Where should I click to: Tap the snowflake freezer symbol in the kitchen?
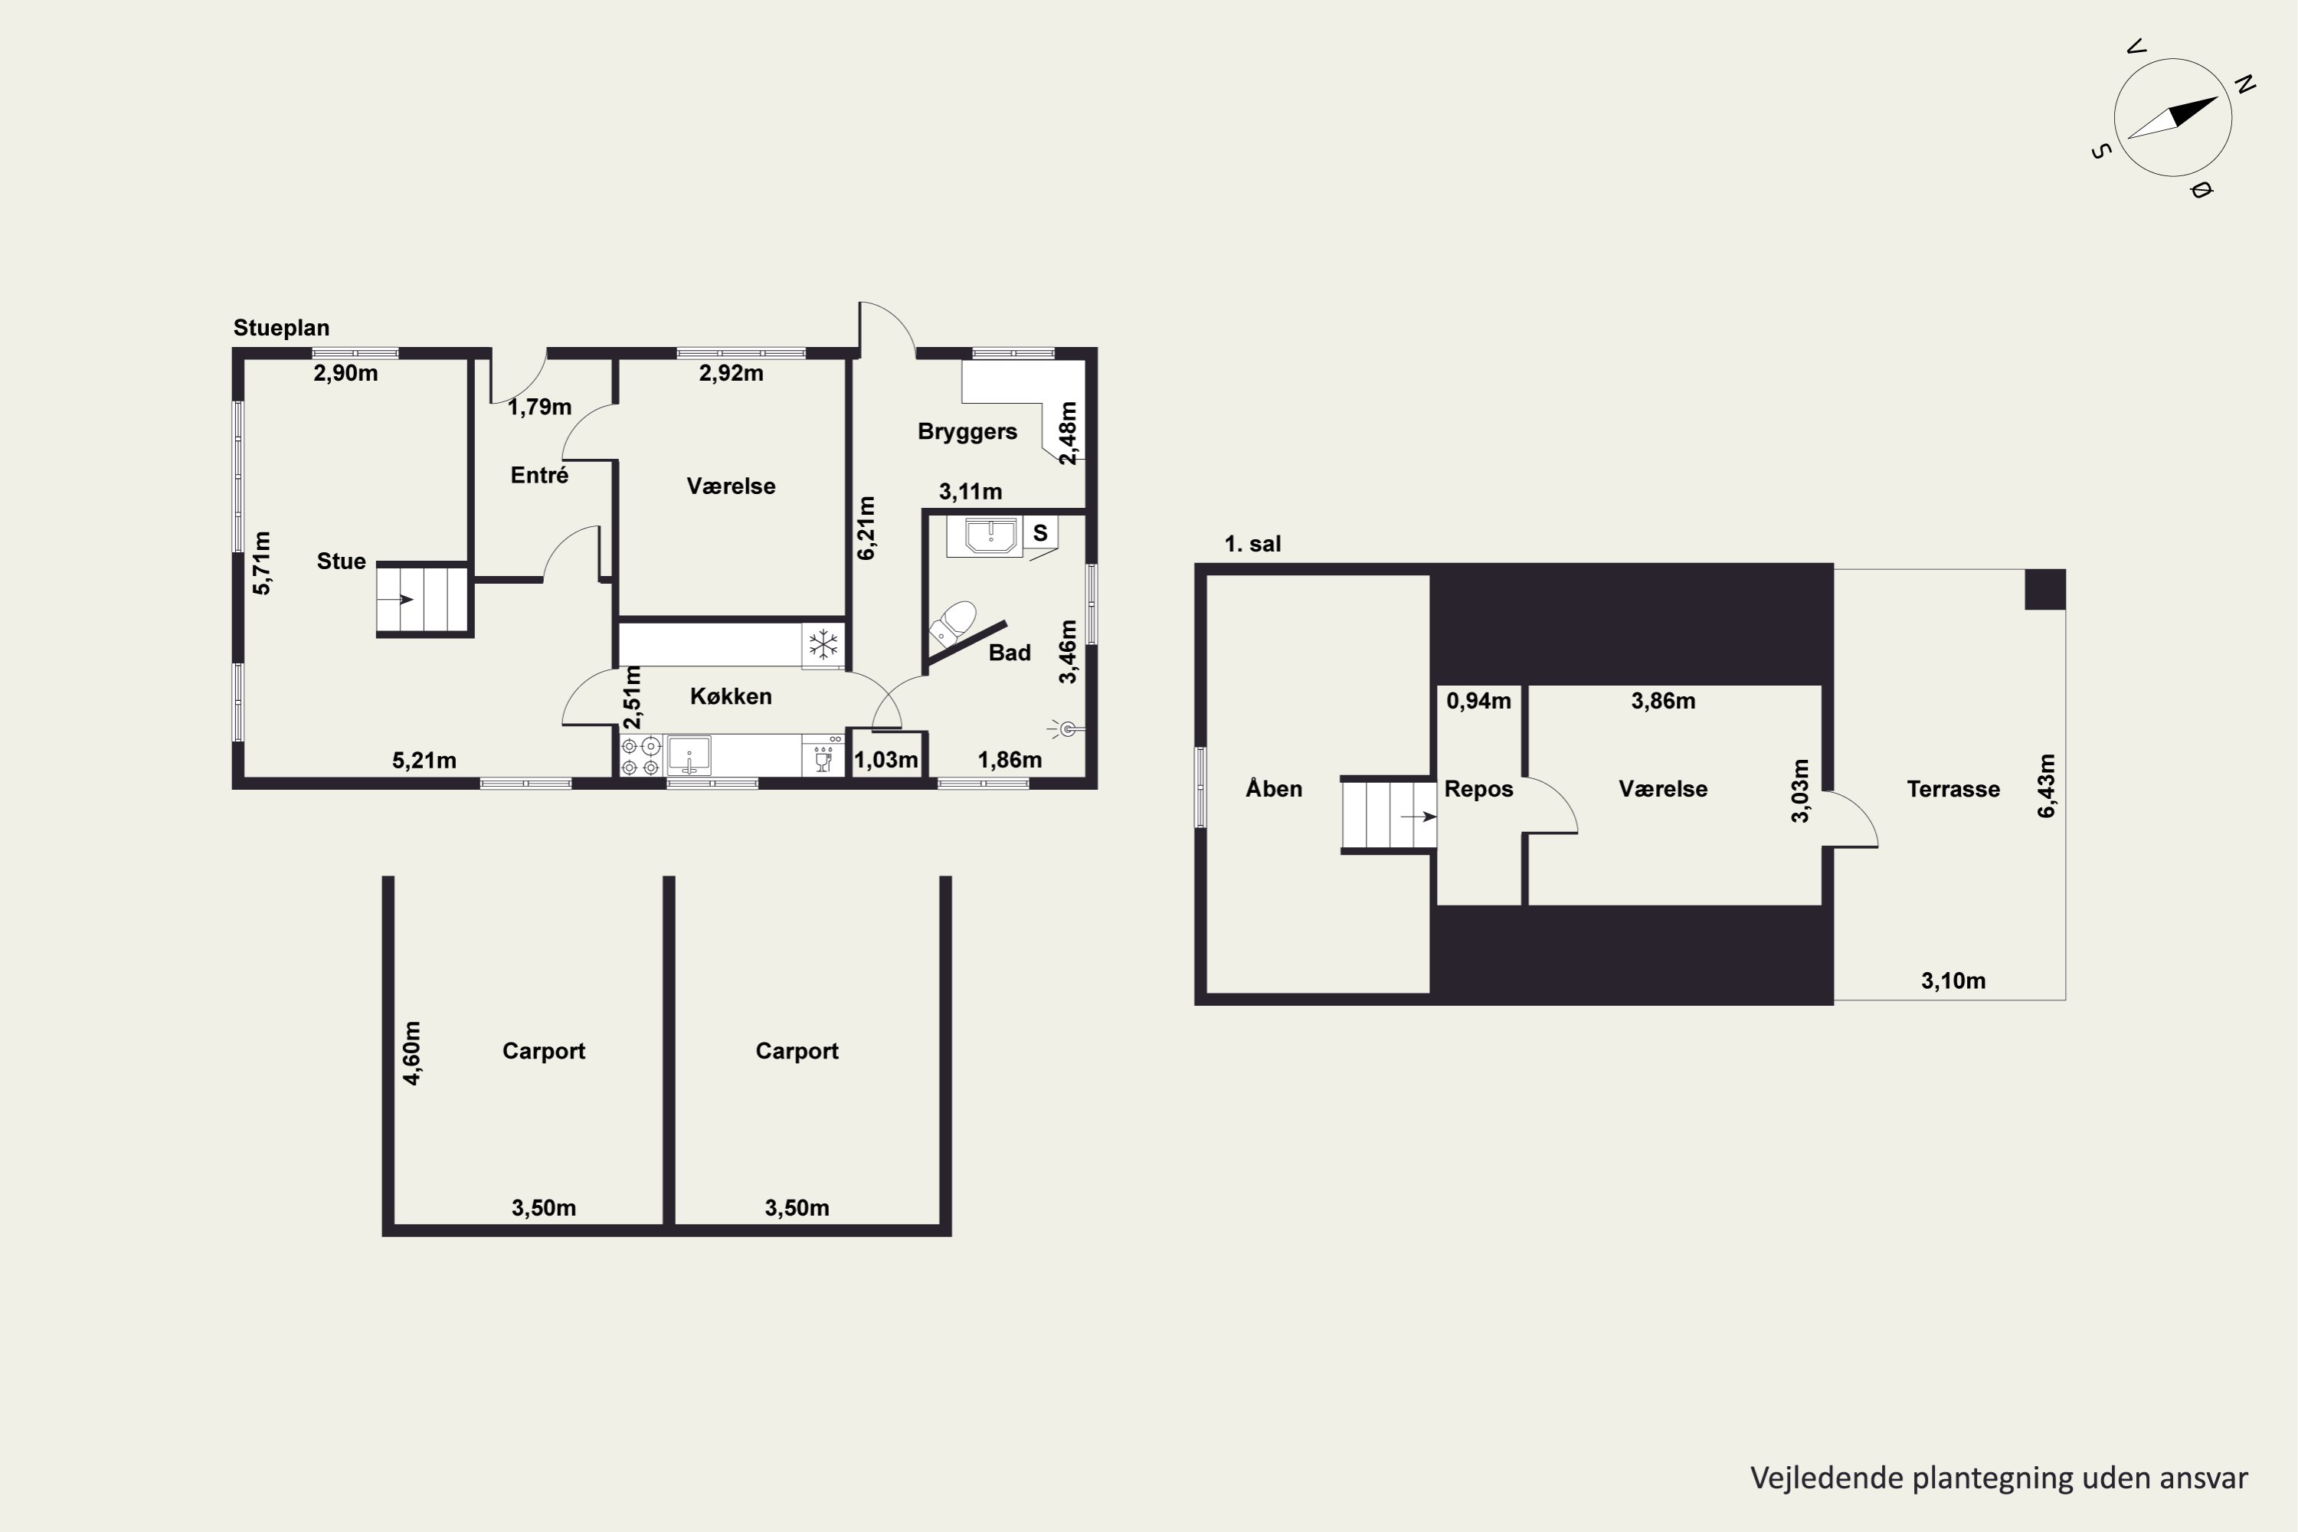point(823,645)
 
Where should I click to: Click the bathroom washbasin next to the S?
point(993,535)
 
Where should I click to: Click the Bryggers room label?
point(967,430)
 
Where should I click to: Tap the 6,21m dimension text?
point(866,529)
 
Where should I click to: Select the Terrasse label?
point(1953,790)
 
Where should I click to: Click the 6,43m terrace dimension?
point(2047,786)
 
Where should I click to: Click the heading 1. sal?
point(1252,544)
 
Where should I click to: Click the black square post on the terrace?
point(2044,589)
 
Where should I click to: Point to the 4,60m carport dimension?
point(412,1053)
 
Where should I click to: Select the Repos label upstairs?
point(1478,790)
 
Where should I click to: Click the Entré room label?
point(539,475)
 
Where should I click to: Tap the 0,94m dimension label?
point(1478,701)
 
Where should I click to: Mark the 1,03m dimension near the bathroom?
point(886,760)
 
